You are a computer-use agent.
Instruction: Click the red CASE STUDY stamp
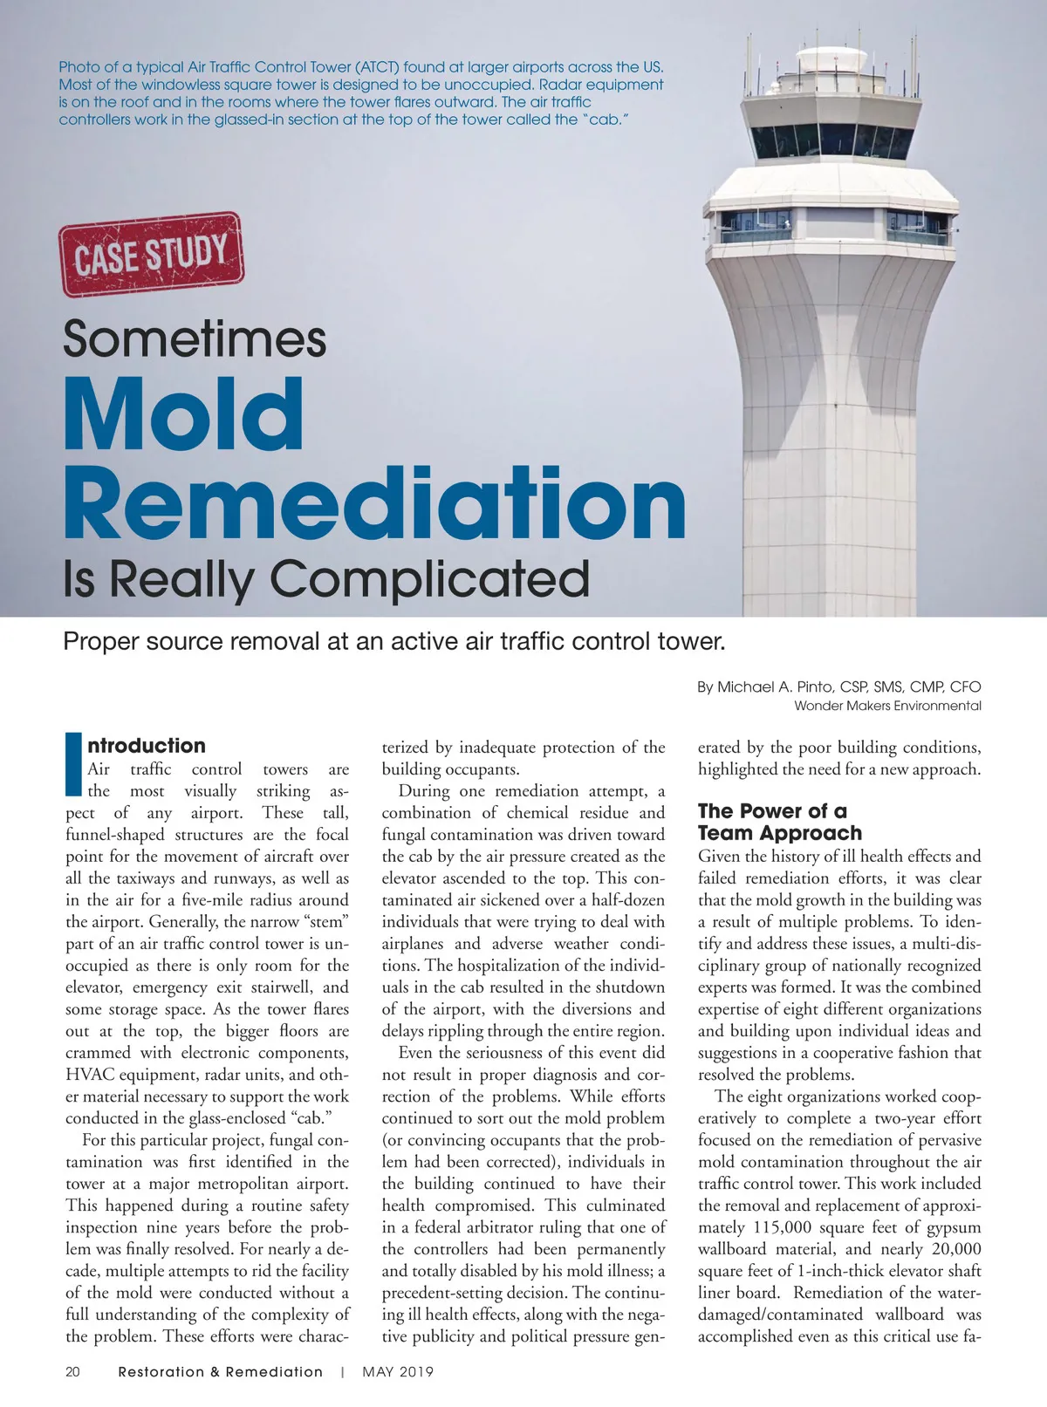(151, 254)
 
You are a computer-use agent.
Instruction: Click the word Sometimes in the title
(195, 338)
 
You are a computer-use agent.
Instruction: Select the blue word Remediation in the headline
(375, 503)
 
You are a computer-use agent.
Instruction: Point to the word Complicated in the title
(429, 578)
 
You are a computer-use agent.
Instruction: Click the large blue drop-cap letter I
(73, 764)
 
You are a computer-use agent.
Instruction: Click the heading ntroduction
(147, 746)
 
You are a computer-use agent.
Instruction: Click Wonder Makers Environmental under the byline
(887, 706)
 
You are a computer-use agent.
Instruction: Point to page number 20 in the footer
(73, 1372)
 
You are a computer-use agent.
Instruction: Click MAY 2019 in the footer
(398, 1372)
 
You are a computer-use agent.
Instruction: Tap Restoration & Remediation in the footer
(220, 1372)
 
